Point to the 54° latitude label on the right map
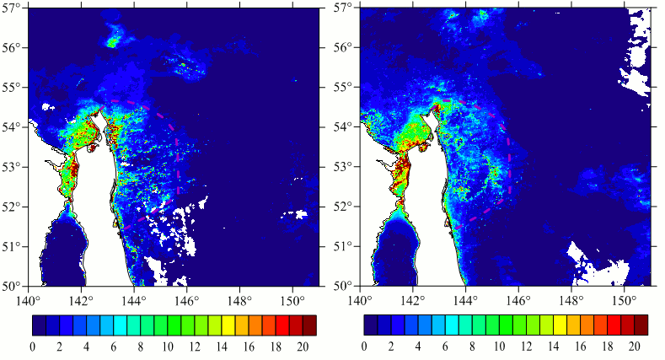(x=345, y=126)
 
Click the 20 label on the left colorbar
(x=303, y=347)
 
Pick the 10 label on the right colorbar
(x=500, y=347)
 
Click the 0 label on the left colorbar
(x=33, y=347)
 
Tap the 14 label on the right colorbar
(x=554, y=347)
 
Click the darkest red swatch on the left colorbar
(x=309, y=325)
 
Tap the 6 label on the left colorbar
(x=114, y=347)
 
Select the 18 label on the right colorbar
(x=608, y=347)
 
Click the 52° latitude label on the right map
(x=345, y=207)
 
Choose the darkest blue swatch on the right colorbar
(x=371, y=325)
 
